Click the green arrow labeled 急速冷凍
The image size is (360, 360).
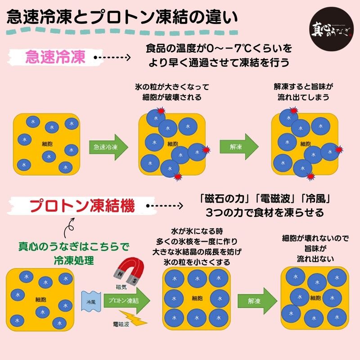(x=108, y=147)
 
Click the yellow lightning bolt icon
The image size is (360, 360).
(x=132, y=319)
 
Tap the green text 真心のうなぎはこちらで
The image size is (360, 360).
(x=74, y=247)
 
